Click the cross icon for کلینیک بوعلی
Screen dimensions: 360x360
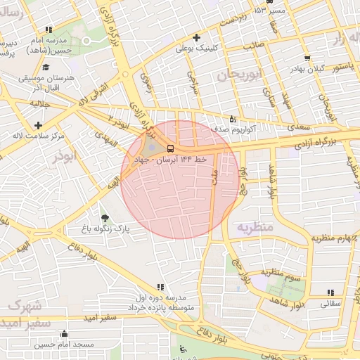tap(196, 37)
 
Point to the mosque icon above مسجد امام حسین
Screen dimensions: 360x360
tap(65, 334)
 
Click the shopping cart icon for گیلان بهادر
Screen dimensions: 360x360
tap(307, 59)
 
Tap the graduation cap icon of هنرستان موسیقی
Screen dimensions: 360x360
tap(46, 67)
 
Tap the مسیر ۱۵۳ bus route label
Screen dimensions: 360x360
tap(271, 11)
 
